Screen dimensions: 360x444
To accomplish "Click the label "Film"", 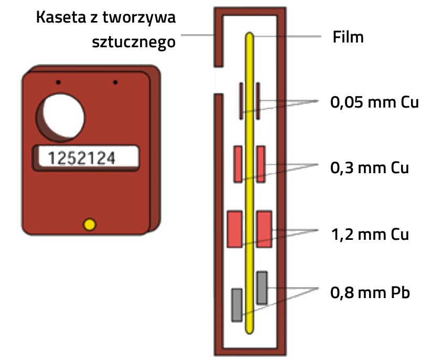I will [349, 37].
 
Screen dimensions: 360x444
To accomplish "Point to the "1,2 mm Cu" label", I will [369, 234].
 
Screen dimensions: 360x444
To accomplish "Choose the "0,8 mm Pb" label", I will [370, 292].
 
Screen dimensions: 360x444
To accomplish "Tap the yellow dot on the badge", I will [90, 225].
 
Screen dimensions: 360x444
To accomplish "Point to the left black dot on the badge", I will [59, 82].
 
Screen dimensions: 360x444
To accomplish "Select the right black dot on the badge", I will [115, 82].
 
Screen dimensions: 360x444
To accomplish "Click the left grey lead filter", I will [237, 304].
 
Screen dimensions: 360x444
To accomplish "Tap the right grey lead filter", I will [262, 288].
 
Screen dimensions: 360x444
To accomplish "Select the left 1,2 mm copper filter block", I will [234, 229].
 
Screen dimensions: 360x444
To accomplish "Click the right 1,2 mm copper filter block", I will [264, 229].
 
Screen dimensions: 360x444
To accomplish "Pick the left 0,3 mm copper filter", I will [238, 164].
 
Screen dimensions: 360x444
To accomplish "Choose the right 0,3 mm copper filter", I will [261, 164].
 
